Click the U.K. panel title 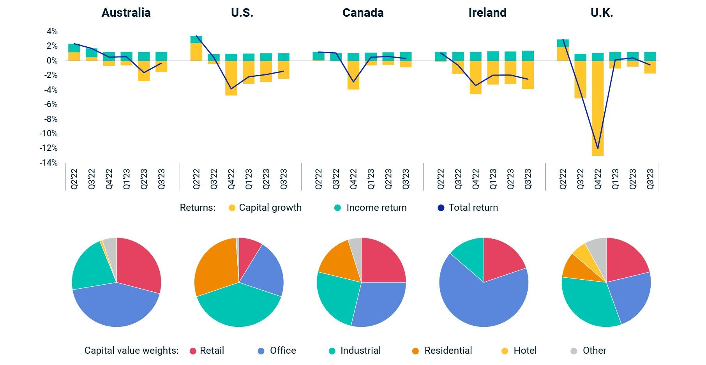[x=602, y=13]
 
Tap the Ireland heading [x=487, y=13]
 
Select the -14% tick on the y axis [x=48, y=162]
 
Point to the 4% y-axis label [x=52, y=32]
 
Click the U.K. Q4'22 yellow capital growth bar [x=598, y=109]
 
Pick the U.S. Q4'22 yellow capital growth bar [x=231, y=78]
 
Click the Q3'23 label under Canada [x=406, y=179]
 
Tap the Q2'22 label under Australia [x=74, y=179]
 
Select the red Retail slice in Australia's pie [x=138, y=265]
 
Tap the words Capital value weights [x=131, y=351]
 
